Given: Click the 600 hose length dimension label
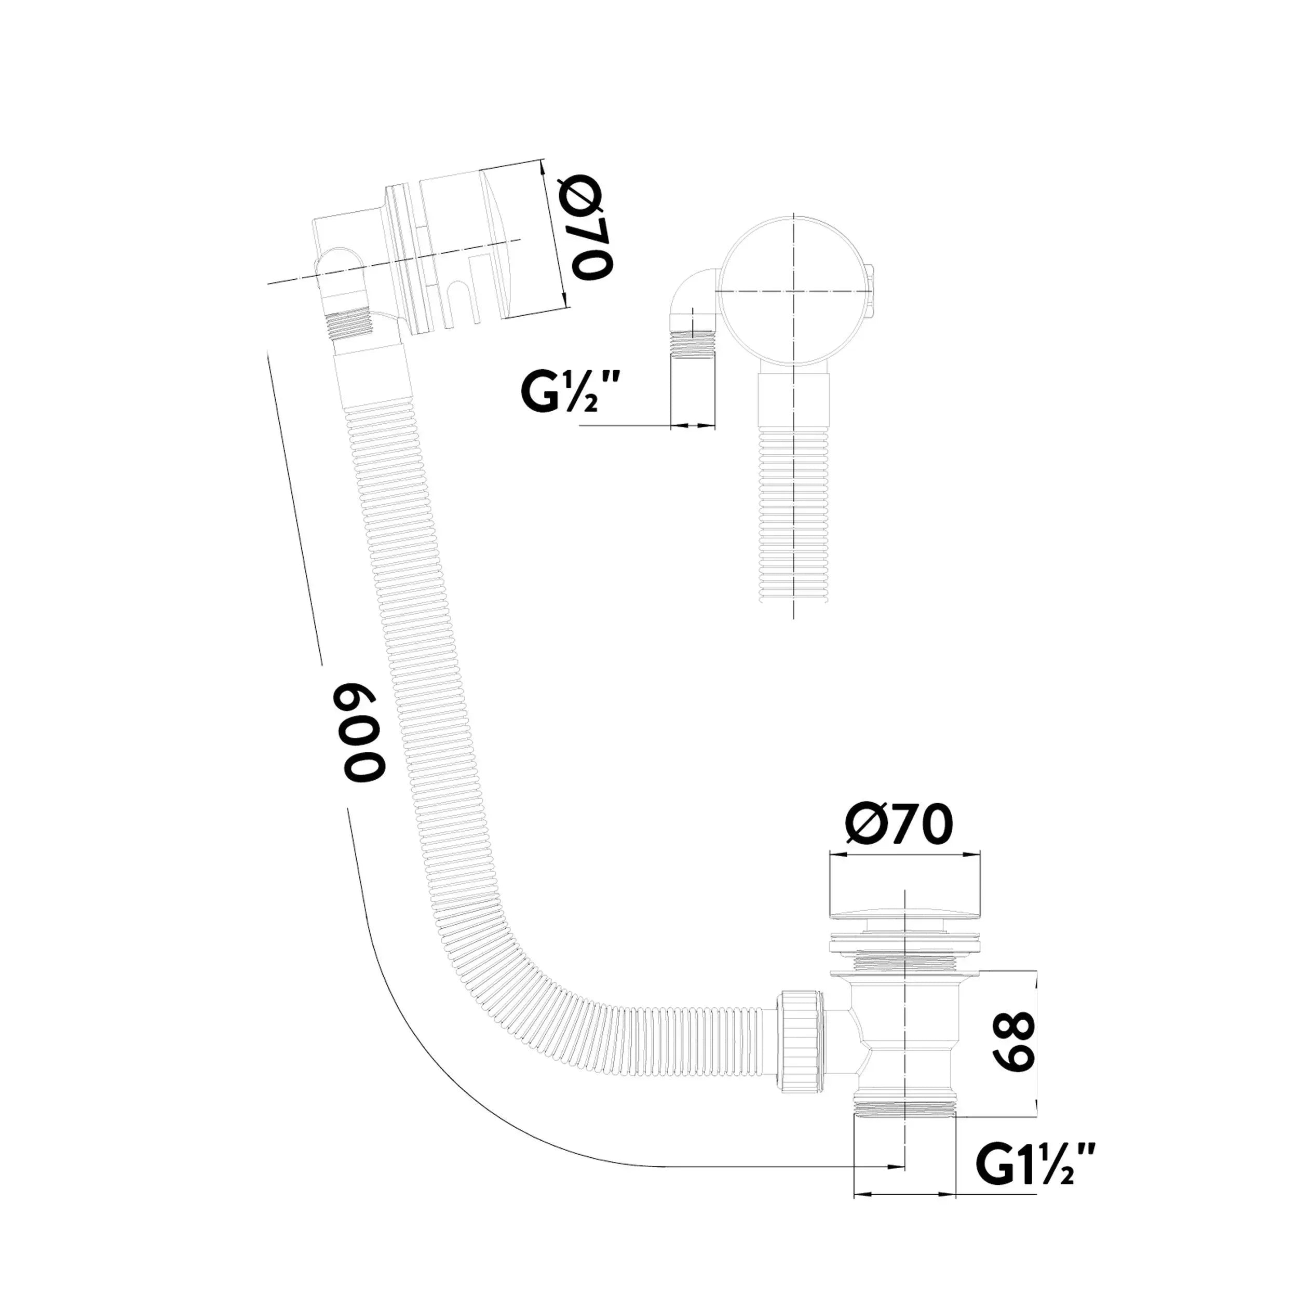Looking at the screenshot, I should tap(363, 732).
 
